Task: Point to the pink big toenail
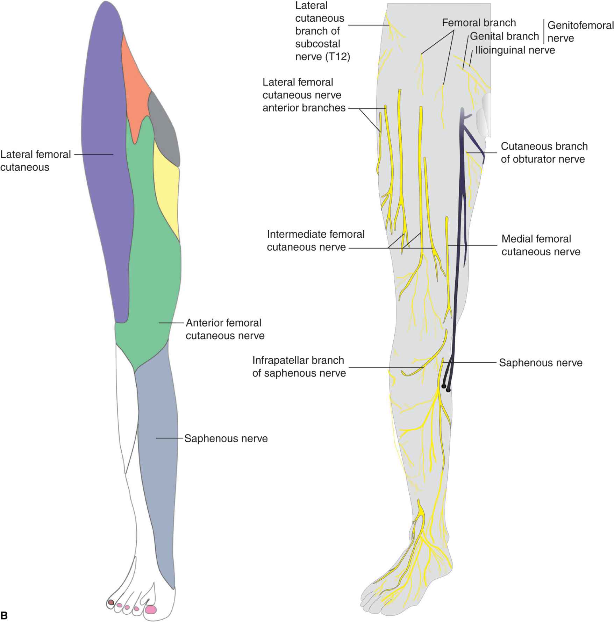[151, 610]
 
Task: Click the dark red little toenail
[111, 602]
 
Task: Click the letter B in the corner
[4, 615]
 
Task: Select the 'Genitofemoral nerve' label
[580, 31]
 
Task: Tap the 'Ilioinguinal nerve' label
[515, 50]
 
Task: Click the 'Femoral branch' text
[479, 23]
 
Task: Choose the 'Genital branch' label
[504, 36]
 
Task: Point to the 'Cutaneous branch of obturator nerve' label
[544, 153]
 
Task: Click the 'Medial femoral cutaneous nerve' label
[541, 245]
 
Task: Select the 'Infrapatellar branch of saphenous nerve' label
[299, 367]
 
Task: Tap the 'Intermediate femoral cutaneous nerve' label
[315, 241]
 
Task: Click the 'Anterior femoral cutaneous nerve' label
[225, 329]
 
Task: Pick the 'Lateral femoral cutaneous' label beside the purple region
[35, 161]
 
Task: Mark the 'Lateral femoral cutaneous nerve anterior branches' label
[304, 95]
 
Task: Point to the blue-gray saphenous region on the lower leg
[157, 455]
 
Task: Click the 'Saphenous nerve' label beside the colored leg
[226, 438]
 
